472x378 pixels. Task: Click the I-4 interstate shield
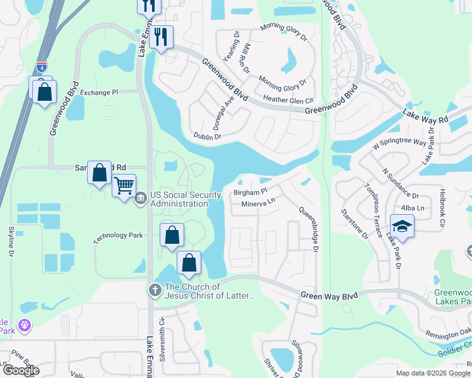pos(41,65)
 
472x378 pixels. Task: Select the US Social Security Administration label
pos(179,199)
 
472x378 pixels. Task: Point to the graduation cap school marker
pos(401,226)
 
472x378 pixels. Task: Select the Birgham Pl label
pos(251,190)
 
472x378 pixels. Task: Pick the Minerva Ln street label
pos(258,203)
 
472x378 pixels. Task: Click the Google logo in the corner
pos(21,370)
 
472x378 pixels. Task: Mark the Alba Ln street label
pos(411,208)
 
